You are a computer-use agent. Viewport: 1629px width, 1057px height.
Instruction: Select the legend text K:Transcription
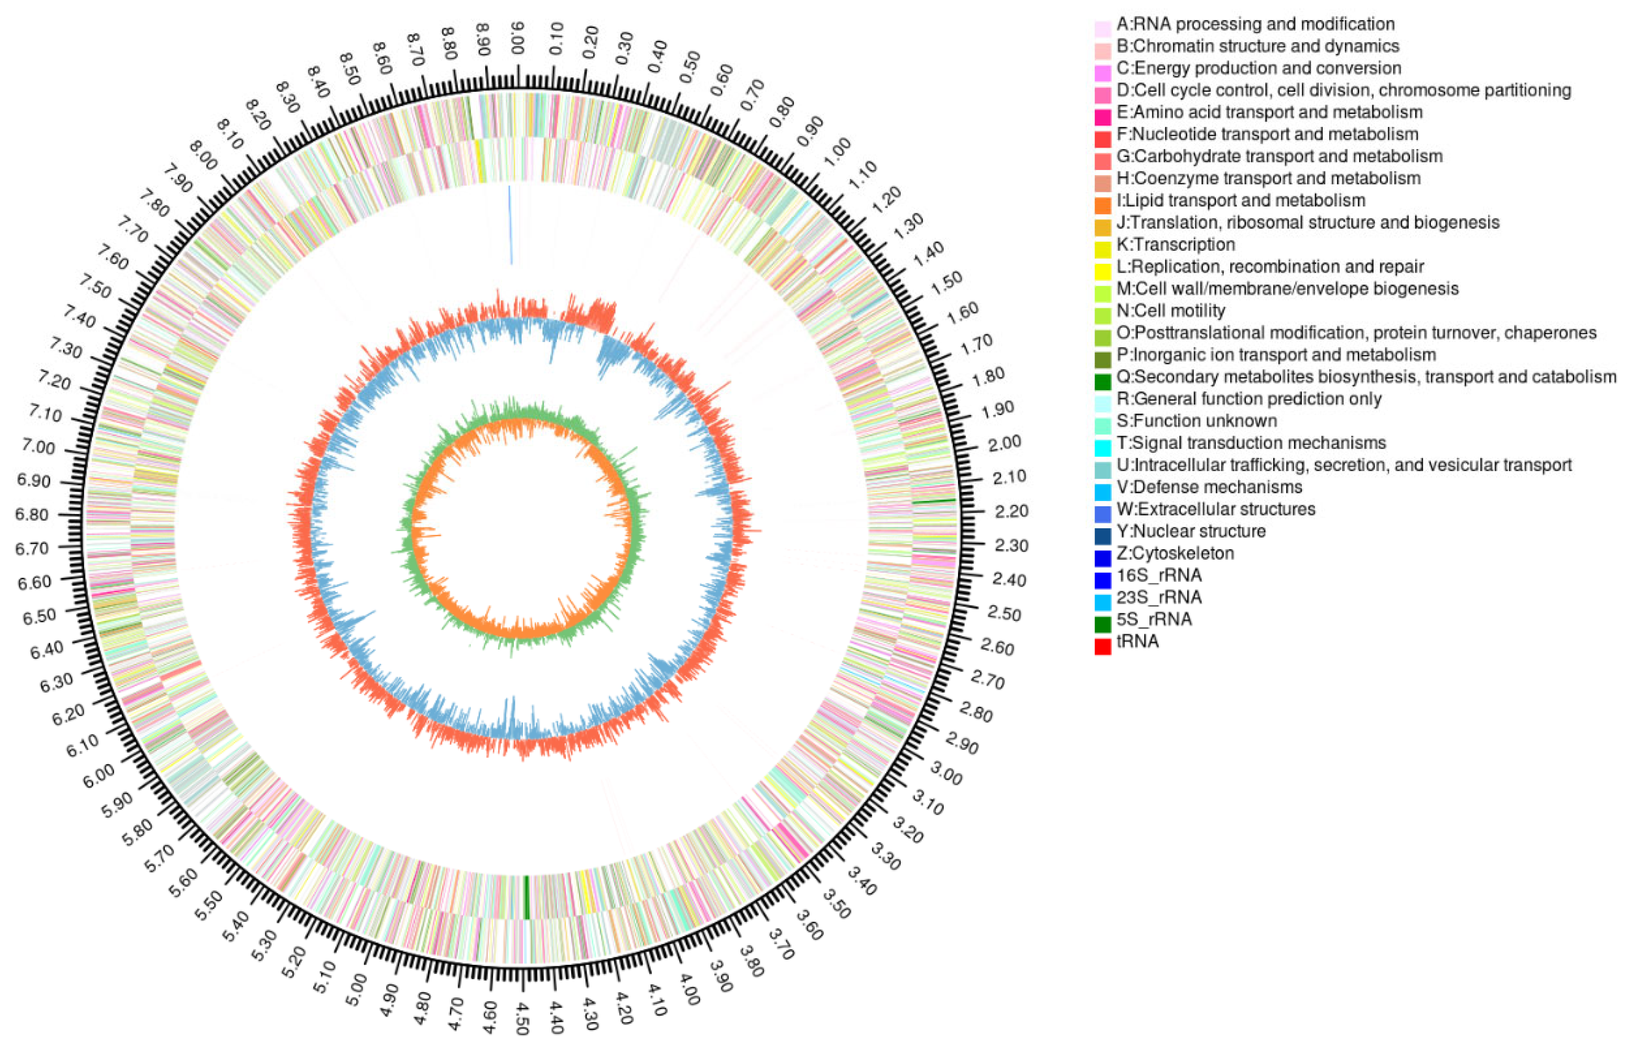click(1176, 245)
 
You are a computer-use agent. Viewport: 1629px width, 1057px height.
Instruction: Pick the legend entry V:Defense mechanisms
click(1209, 487)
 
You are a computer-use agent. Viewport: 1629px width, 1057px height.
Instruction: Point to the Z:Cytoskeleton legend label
click(1175, 553)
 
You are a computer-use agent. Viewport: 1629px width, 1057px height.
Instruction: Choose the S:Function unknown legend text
click(1196, 420)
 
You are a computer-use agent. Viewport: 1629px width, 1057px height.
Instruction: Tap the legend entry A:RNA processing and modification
click(1255, 24)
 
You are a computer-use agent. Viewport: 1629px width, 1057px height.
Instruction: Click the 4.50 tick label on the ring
click(523, 1018)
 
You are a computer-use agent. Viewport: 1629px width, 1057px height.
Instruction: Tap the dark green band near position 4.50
click(526, 897)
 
